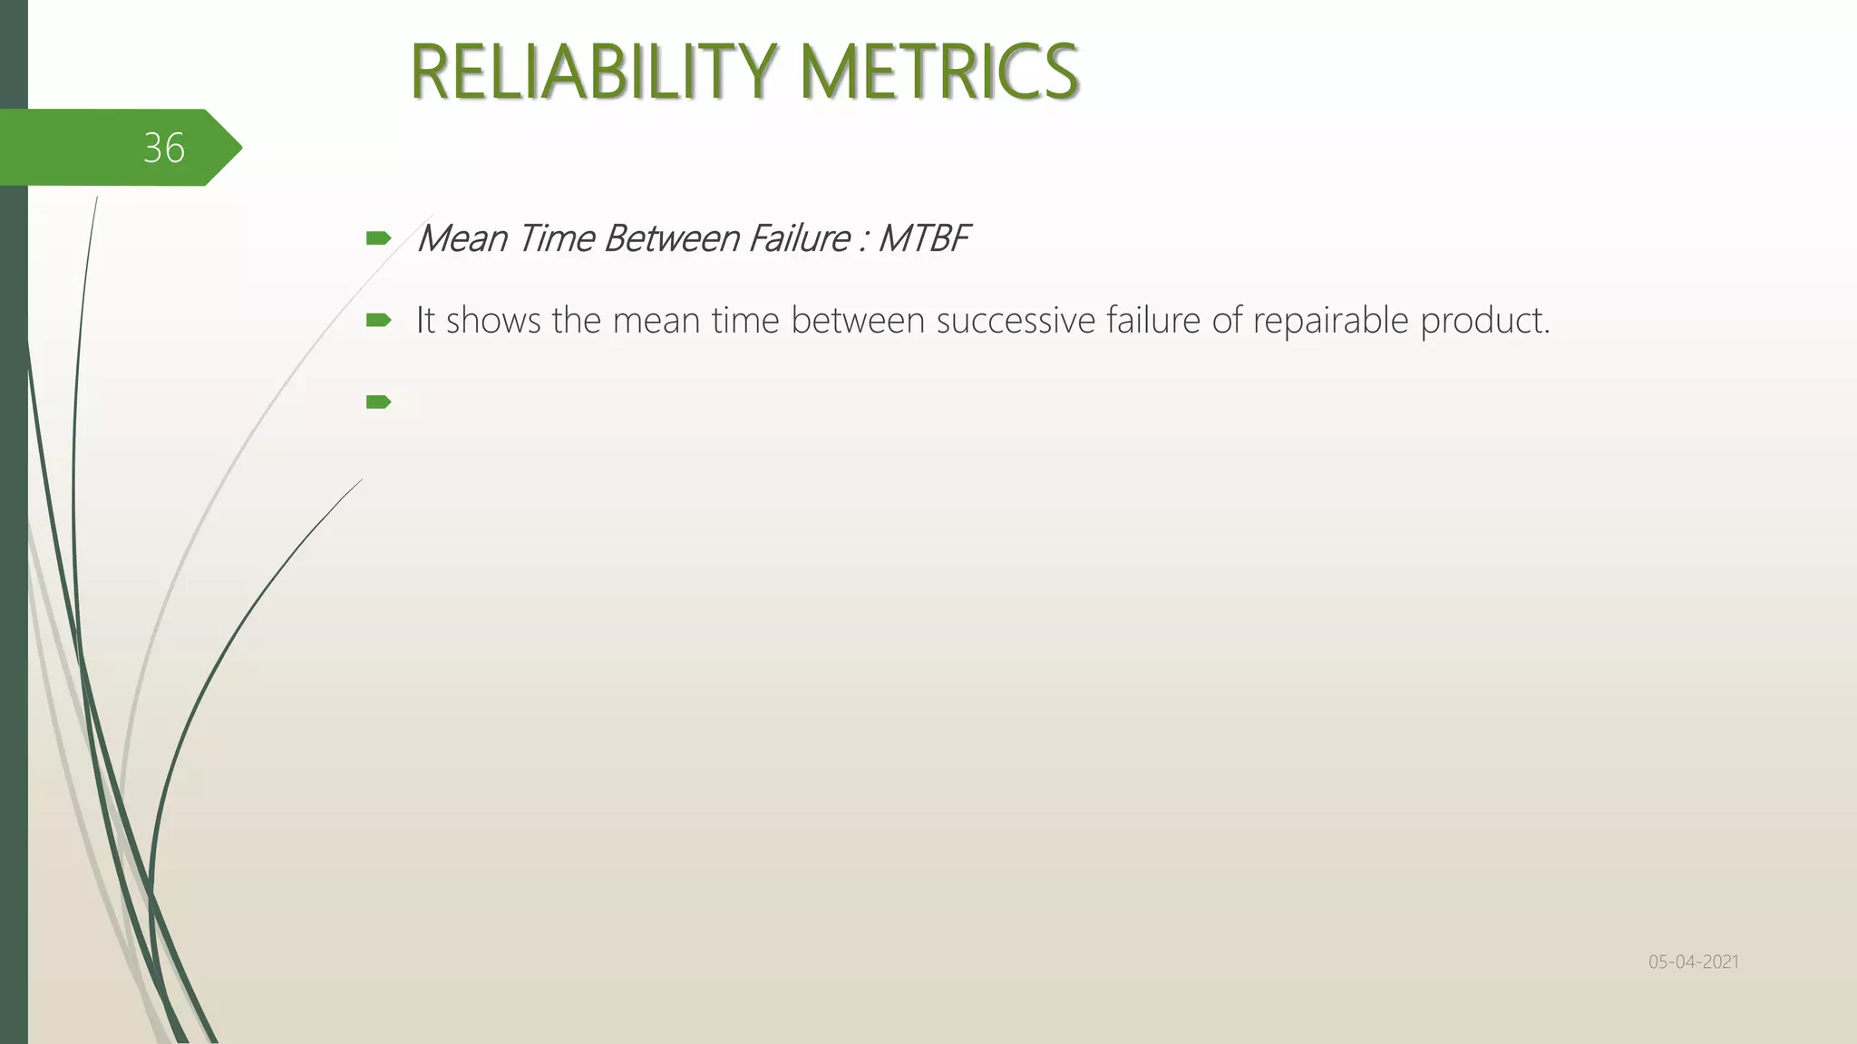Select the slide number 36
click(164, 148)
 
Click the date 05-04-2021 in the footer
click(1693, 962)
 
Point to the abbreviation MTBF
click(923, 239)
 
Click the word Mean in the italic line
click(461, 239)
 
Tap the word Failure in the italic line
click(799, 239)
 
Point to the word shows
click(493, 321)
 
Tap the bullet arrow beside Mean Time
click(378, 239)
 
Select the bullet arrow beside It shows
click(378, 320)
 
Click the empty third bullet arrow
click(378, 401)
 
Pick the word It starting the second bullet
click(425, 321)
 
